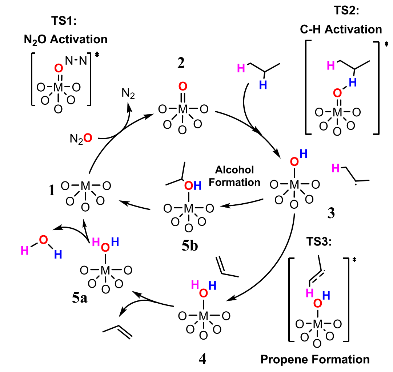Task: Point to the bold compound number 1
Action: point(52,190)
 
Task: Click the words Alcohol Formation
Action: point(234,176)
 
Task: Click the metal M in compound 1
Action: point(85,187)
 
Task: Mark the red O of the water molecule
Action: point(43,240)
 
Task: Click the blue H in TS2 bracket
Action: point(350,83)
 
